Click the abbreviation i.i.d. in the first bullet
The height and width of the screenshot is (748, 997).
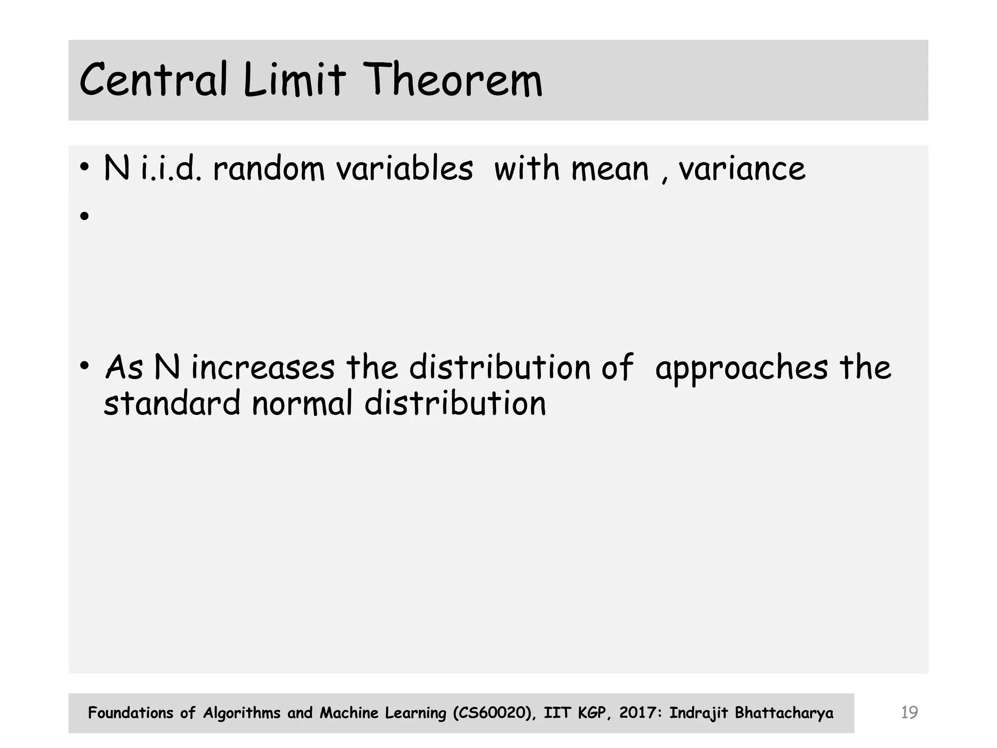click(170, 168)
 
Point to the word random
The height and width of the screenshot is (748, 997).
click(268, 168)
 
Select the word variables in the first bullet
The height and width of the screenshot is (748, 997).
click(405, 168)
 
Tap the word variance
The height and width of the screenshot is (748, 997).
click(742, 168)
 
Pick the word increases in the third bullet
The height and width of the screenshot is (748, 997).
click(263, 368)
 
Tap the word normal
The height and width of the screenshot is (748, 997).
click(302, 404)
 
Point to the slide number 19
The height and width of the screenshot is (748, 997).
click(909, 712)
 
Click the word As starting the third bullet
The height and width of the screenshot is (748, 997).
click(124, 368)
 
